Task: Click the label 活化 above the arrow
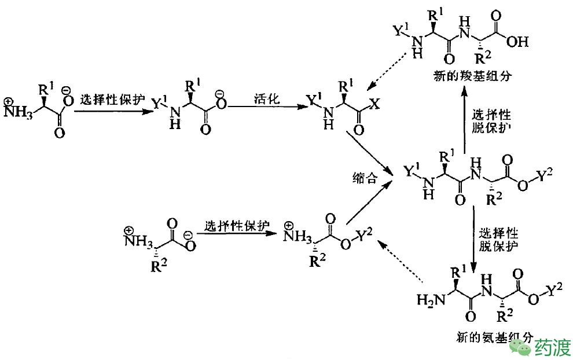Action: [x=266, y=98]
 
